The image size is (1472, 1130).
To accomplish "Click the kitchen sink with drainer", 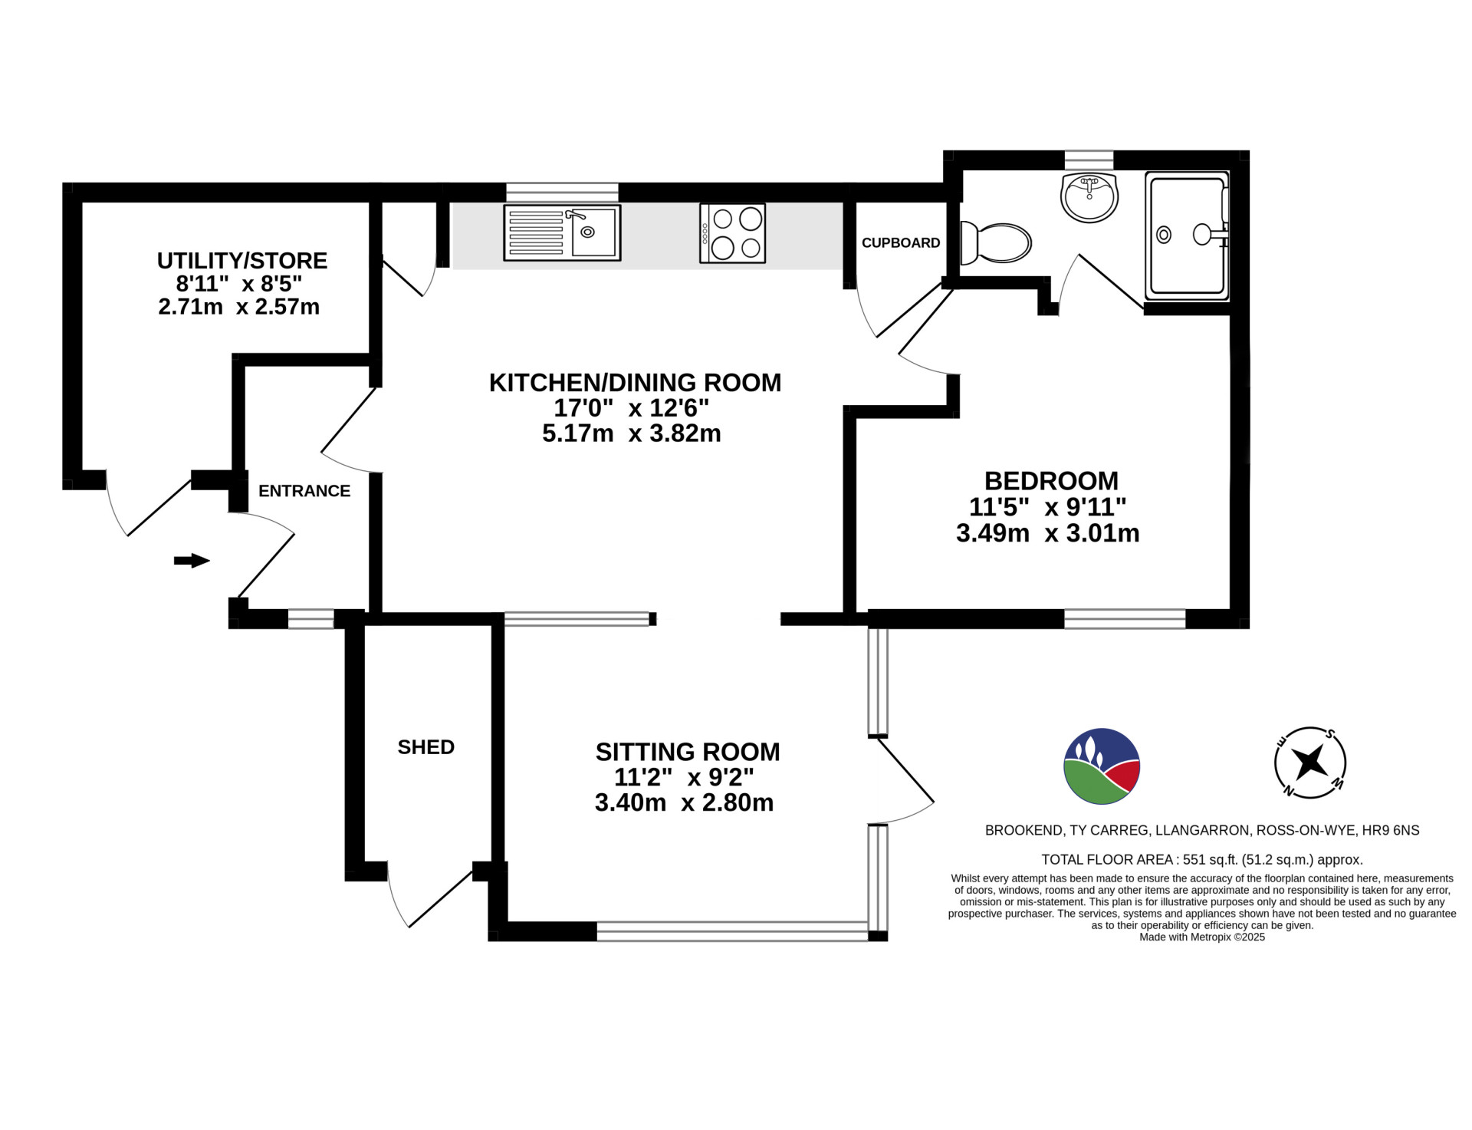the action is point(562,232).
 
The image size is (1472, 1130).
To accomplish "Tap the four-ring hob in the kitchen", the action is point(732,233).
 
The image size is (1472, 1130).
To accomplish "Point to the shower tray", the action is point(1188,236).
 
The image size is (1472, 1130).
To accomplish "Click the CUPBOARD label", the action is point(901,243).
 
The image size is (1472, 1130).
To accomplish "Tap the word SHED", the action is point(426,747).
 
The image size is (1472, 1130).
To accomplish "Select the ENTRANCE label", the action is point(304,491).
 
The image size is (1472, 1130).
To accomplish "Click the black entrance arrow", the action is point(192,561).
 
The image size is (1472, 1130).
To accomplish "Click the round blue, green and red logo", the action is point(1102,766).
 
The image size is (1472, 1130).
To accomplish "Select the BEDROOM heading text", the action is point(1051,481).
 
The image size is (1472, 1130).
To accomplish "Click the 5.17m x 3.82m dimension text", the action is point(632,433).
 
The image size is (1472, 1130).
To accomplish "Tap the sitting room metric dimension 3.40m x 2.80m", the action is point(684,803).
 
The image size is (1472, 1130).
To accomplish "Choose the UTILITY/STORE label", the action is point(242,261).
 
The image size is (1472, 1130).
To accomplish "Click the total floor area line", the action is point(1202,860).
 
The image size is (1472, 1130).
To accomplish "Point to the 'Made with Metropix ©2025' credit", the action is point(1202,937).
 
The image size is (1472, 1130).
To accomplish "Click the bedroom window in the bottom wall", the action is point(1125,619).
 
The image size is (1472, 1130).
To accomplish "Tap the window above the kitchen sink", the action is point(562,192).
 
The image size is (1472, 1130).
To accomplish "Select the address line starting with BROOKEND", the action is point(1202,830).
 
